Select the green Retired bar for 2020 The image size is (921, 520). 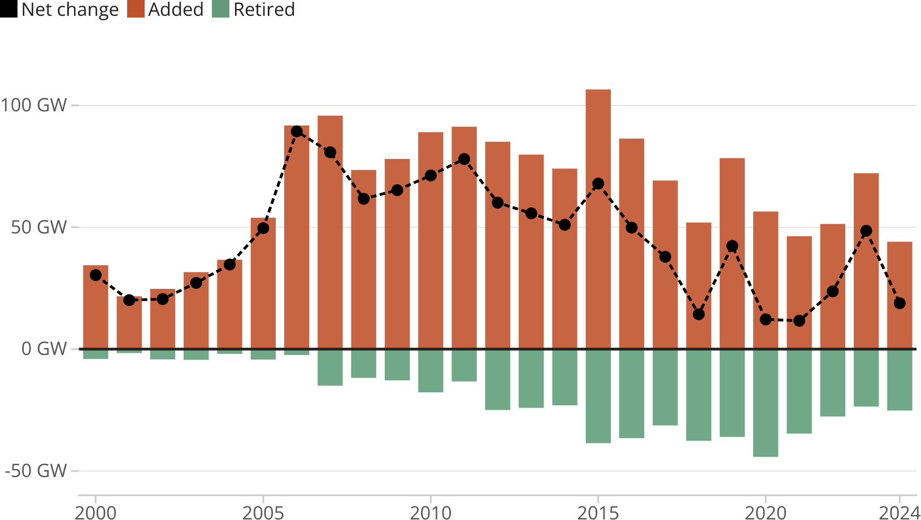[765, 403]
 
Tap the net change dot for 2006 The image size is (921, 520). [297, 131]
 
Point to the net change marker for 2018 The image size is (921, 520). [698, 314]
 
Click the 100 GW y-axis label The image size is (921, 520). [34, 105]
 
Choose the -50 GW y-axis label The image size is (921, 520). [36, 471]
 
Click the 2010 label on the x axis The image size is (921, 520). [431, 512]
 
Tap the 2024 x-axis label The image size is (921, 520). [900, 512]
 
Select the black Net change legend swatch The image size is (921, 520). [8, 9]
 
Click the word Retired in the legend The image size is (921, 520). [264, 9]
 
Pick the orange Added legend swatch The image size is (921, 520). [136, 9]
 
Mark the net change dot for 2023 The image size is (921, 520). [866, 231]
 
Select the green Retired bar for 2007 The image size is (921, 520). [330, 367]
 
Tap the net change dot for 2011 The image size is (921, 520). [464, 159]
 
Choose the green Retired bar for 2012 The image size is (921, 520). [497, 379]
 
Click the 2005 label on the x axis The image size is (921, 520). [263, 512]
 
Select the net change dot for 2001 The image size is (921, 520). [129, 300]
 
